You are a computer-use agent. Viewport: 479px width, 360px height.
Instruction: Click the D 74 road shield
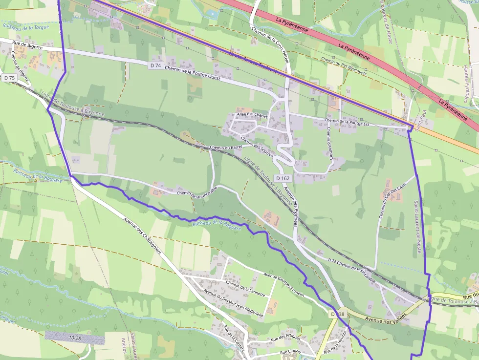coord(155,65)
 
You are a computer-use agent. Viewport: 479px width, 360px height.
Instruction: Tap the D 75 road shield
coord(9,78)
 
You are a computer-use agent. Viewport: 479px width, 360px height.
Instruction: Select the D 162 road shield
coord(282,178)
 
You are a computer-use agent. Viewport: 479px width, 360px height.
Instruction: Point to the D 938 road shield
coord(337,314)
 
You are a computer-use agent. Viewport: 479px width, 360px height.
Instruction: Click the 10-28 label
coord(75,338)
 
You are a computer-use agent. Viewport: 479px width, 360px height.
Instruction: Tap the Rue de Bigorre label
coord(28,47)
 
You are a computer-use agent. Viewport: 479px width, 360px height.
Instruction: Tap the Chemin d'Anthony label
coord(330,142)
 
